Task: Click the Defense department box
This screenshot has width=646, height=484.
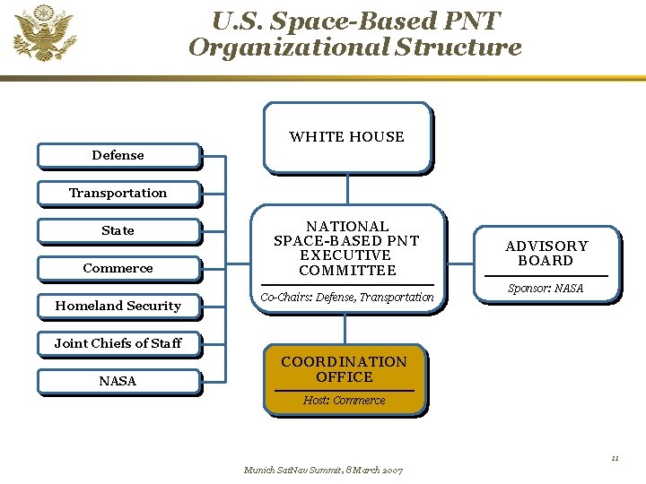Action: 118,155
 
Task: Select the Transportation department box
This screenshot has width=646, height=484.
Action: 118,193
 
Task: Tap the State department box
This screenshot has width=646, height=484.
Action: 118,230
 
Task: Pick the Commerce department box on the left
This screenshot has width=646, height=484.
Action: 118,268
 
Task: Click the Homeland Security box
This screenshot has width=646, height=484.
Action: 118,306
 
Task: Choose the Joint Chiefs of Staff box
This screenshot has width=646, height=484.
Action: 118,343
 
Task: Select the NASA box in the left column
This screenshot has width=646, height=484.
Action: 118,381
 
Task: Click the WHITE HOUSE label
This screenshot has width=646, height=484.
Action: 346,137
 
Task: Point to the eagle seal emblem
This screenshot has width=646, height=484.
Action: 44,33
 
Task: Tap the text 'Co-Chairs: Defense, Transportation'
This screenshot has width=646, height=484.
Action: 346,297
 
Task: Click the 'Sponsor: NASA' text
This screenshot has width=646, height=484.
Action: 546,288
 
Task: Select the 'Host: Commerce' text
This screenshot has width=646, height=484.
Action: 344,400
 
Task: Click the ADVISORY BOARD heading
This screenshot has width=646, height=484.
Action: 546,253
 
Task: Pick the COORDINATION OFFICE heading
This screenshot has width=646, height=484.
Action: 344,369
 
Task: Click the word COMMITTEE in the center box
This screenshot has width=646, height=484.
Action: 347,271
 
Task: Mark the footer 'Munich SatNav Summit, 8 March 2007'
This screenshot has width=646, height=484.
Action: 323,470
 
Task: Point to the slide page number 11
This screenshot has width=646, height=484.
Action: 615,458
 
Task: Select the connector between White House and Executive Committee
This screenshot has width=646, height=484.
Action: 347,189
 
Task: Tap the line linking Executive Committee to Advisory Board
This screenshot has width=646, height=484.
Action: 460,264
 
